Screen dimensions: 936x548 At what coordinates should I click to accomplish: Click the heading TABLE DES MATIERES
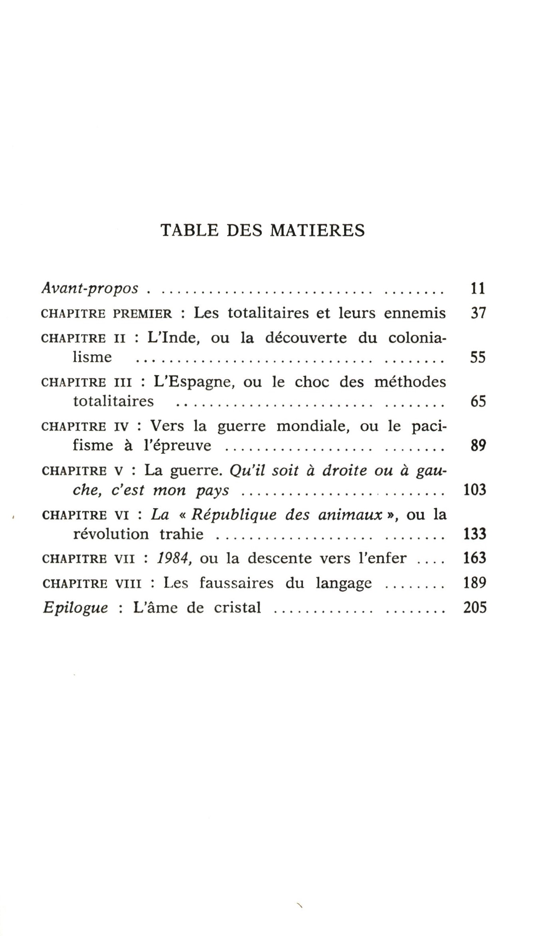pyautogui.click(x=262, y=231)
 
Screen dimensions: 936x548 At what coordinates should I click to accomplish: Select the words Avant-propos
pyautogui.click(x=90, y=288)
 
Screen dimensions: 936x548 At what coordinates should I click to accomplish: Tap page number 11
pyautogui.click(x=477, y=288)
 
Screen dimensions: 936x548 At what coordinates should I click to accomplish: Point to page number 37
pyautogui.click(x=477, y=313)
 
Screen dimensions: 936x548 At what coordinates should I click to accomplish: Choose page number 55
pyautogui.click(x=477, y=357)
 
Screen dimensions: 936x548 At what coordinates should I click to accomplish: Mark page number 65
pyautogui.click(x=477, y=401)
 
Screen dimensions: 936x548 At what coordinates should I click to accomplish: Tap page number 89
pyautogui.click(x=477, y=445)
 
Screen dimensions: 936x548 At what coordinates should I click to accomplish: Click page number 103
pyautogui.click(x=475, y=490)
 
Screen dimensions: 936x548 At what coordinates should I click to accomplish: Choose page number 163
pyautogui.click(x=475, y=558)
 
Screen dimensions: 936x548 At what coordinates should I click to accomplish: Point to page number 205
pyautogui.click(x=475, y=608)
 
